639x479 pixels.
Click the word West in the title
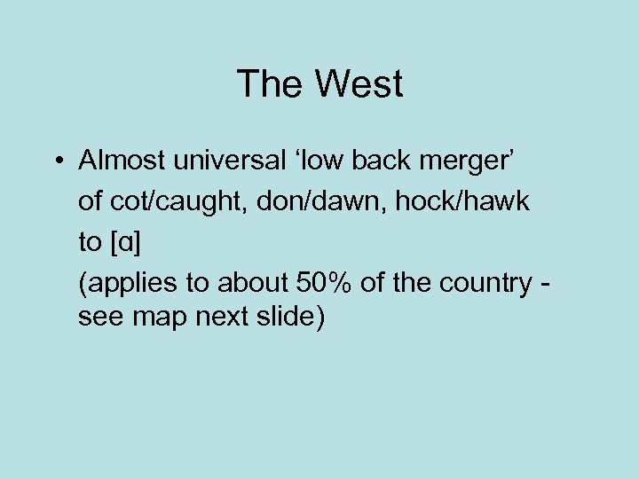click(359, 85)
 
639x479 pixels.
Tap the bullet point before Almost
click(56, 162)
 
